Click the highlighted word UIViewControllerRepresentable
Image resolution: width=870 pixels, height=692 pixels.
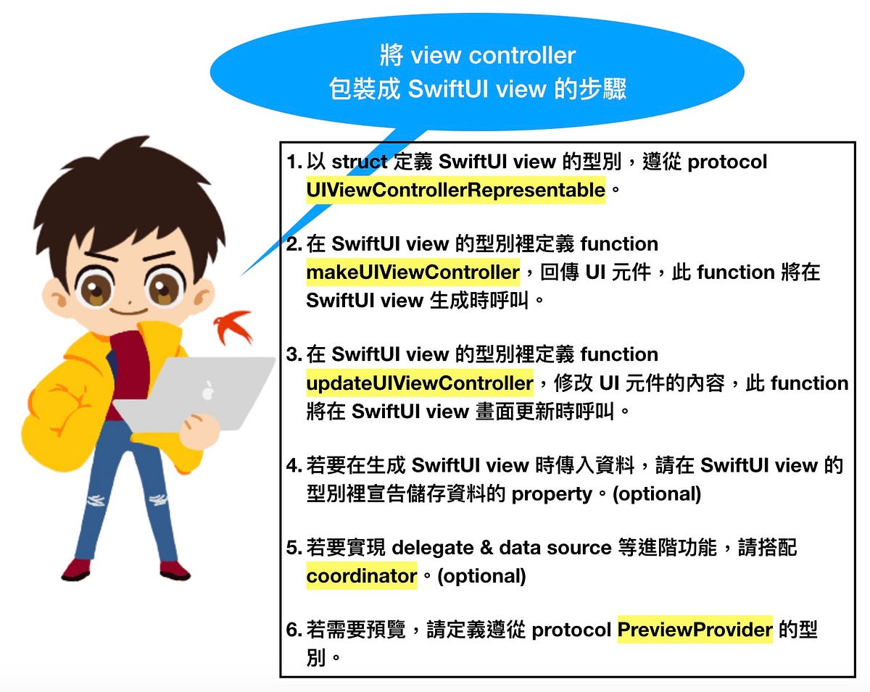point(455,190)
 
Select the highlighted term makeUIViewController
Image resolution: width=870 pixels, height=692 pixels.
point(413,272)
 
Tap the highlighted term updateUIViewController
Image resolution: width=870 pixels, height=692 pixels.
point(419,383)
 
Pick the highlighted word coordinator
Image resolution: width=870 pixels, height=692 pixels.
point(361,576)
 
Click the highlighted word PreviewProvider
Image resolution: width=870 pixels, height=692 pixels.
point(695,630)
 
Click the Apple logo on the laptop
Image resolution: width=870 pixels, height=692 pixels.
point(208,390)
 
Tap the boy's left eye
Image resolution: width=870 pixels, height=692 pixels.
point(96,287)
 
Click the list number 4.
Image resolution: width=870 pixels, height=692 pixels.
point(293,465)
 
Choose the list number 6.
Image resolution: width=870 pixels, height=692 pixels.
point(293,630)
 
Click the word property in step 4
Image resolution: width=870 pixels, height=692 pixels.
point(552,494)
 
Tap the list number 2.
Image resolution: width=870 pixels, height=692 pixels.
point(293,244)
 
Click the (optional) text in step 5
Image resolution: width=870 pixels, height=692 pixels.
point(481,576)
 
